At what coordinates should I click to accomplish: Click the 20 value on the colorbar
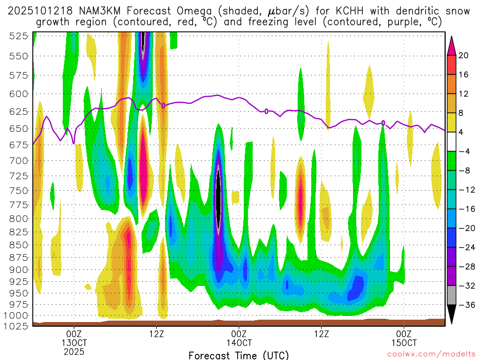464,55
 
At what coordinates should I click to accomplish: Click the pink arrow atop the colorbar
452,45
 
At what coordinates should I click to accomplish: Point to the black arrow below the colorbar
452,315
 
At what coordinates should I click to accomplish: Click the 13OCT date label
74,343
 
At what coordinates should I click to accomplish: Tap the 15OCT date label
405,343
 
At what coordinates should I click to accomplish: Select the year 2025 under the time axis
74,352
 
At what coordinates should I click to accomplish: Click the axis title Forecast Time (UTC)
239,355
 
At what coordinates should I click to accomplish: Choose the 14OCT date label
239,343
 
